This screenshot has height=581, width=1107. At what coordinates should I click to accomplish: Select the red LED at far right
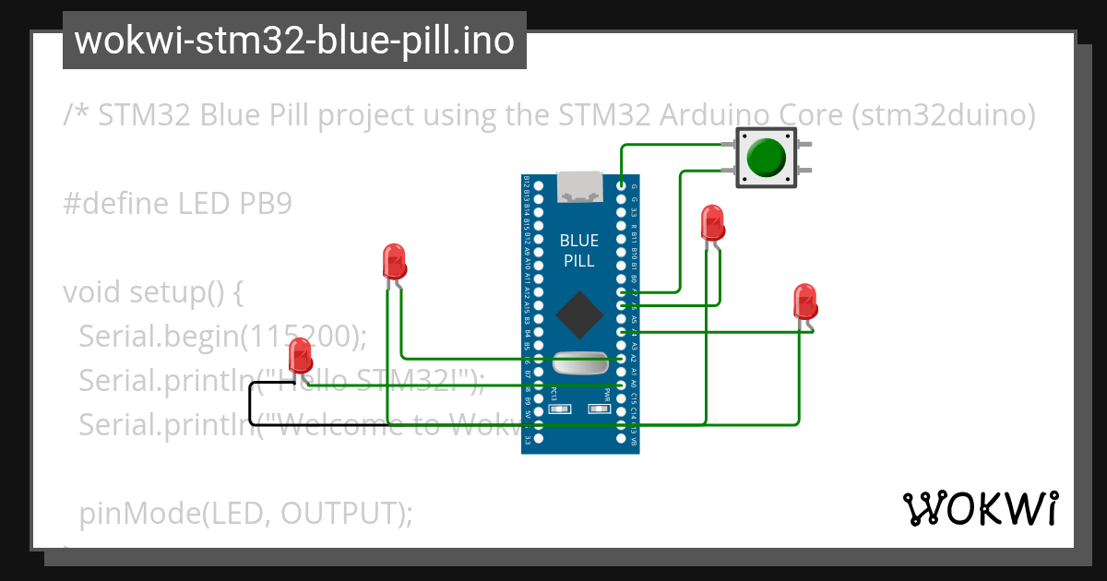pyautogui.click(x=804, y=302)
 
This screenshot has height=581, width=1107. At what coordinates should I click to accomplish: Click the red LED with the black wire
pyautogui.click(x=300, y=356)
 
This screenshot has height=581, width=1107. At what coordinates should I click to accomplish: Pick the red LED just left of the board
pyautogui.click(x=394, y=262)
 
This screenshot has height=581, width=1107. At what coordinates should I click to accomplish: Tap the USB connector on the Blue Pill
pyautogui.click(x=578, y=187)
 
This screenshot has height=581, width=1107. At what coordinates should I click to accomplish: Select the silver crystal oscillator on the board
pyautogui.click(x=579, y=362)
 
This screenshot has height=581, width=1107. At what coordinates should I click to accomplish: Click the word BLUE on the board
pyautogui.click(x=579, y=241)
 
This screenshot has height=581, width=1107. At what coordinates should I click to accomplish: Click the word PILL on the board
pyautogui.click(x=579, y=261)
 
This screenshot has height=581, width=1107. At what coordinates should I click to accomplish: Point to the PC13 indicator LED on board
pyautogui.click(x=554, y=409)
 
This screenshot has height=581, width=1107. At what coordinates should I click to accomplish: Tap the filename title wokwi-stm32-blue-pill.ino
pyautogui.click(x=294, y=41)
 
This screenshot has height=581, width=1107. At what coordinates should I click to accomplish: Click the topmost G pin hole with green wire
pyautogui.click(x=622, y=186)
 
